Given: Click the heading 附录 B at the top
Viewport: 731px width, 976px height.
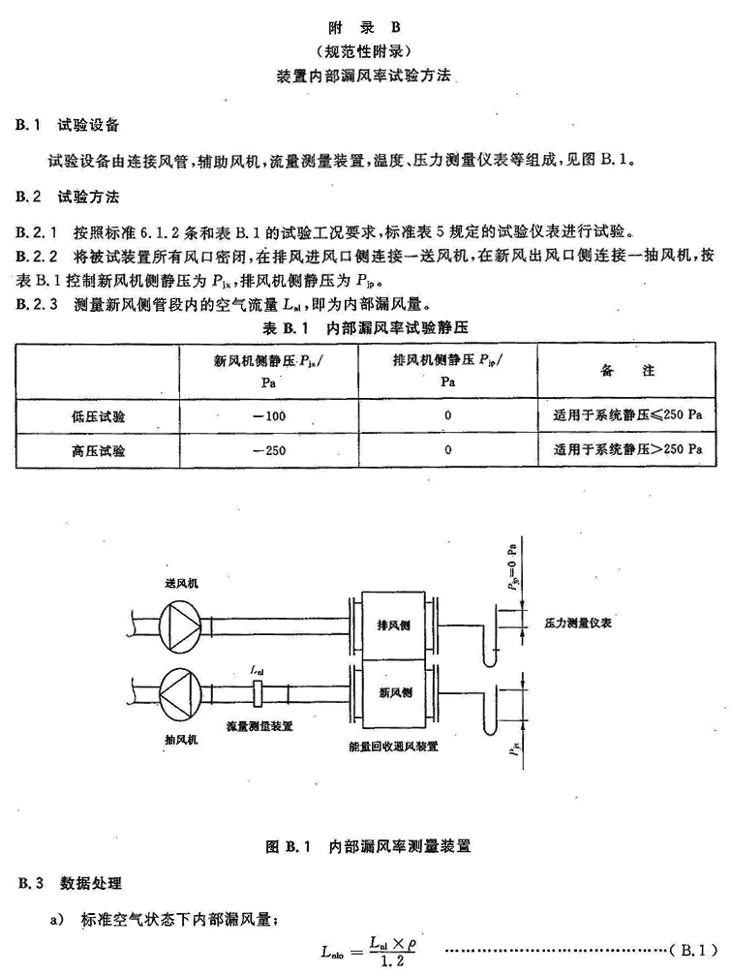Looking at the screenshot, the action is (x=365, y=27).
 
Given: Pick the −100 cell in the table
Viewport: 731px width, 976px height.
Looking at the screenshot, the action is (x=269, y=415).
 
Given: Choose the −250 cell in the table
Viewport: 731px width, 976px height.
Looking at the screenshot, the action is (x=269, y=450).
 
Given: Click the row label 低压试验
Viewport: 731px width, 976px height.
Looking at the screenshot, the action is (x=98, y=416).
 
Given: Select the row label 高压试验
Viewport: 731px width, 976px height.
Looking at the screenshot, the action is (x=98, y=450).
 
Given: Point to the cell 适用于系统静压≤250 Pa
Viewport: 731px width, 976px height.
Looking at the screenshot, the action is (x=627, y=414).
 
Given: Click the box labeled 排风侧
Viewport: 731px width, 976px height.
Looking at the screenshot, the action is (x=393, y=625).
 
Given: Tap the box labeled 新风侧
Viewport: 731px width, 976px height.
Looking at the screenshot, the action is (x=393, y=693).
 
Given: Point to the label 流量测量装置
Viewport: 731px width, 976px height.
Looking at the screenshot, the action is (x=259, y=726).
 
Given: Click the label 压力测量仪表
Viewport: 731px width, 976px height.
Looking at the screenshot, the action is (x=578, y=623).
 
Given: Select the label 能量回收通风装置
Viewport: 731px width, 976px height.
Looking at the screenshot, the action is (x=393, y=746).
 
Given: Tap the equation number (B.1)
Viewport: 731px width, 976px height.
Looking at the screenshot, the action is (x=696, y=950).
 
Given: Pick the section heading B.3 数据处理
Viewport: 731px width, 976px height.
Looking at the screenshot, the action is (x=70, y=883).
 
